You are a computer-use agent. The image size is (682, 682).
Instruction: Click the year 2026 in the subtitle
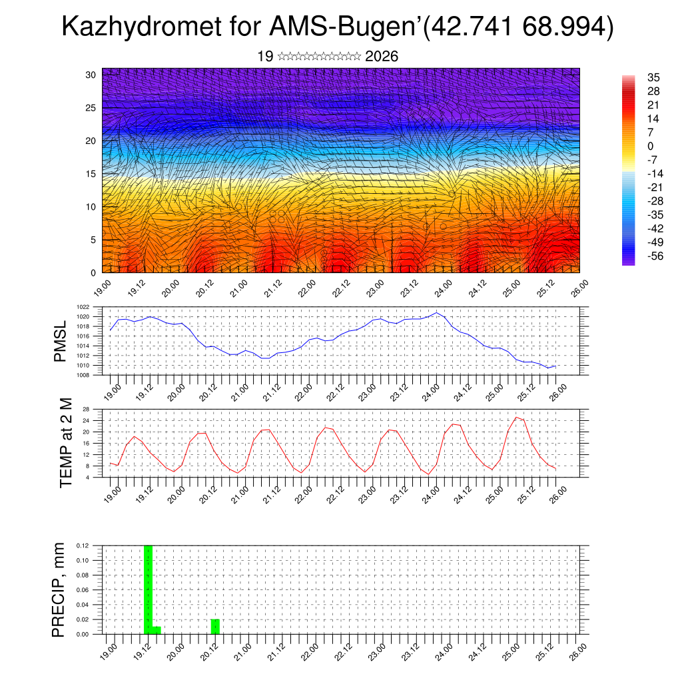pos(382,57)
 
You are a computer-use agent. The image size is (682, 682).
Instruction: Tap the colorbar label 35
pos(653,77)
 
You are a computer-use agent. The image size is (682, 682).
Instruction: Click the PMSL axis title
pos(61,341)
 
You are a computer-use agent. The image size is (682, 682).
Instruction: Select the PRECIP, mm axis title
pos(59,589)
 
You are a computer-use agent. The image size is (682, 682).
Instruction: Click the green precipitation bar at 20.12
pos(215,627)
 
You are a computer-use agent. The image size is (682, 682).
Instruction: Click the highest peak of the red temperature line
pos(516,418)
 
